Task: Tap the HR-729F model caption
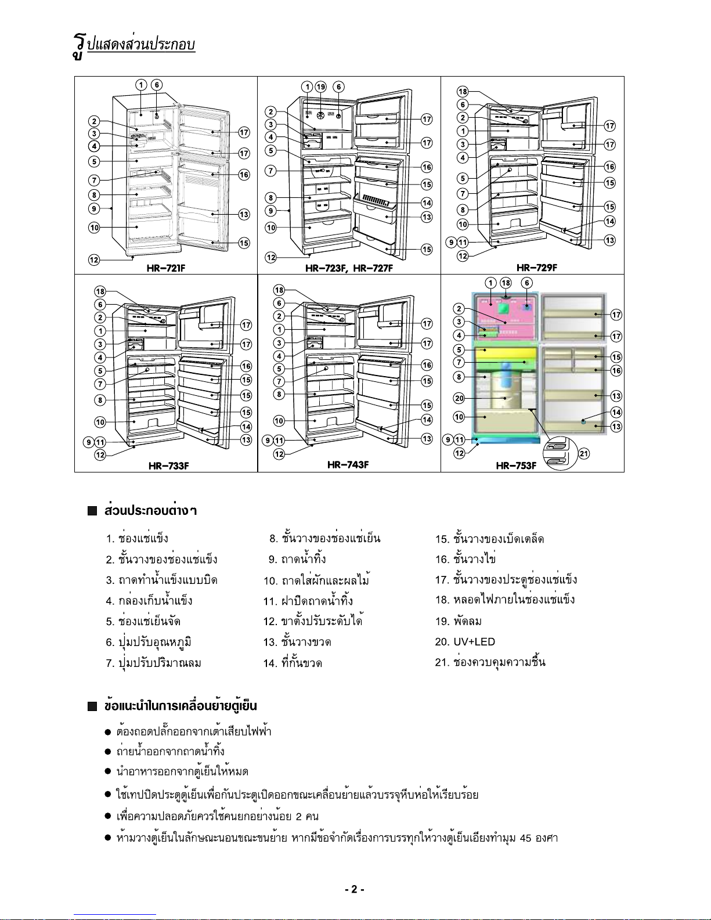(x=537, y=268)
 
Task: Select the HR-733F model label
(x=169, y=466)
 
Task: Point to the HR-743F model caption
(x=348, y=464)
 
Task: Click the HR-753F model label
(x=516, y=466)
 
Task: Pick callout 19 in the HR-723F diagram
(x=321, y=87)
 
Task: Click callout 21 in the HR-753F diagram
(x=584, y=454)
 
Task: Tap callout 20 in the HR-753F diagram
(x=459, y=398)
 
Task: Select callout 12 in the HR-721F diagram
(x=94, y=259)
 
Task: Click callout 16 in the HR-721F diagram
(x=244, y=174)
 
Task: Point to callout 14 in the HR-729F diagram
(x=610, y=221)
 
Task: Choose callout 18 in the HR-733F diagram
(x=100, y=291)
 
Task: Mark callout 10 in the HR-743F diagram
(x=279, y=421)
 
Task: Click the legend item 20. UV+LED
(x=465, y=642)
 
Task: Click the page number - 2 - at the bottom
(x=355, y=889)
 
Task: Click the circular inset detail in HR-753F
(x=560, y=453)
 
